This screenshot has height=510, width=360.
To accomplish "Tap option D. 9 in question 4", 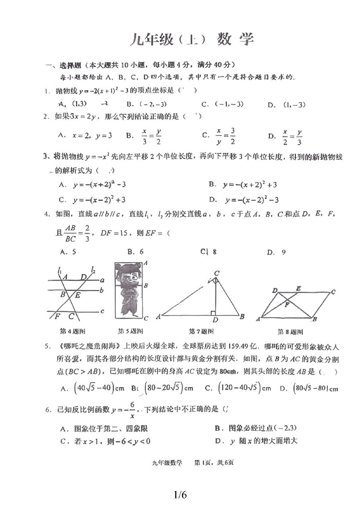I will pos(276,252).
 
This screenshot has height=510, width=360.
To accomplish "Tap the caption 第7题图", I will pos(201,331).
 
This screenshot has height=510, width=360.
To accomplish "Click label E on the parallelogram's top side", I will pos(298,288).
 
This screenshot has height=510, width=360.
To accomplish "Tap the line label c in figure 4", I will pos(102,311).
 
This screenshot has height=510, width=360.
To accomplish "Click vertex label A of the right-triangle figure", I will pos(158,317).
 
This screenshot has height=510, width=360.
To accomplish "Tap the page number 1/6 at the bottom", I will pos(180,495).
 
